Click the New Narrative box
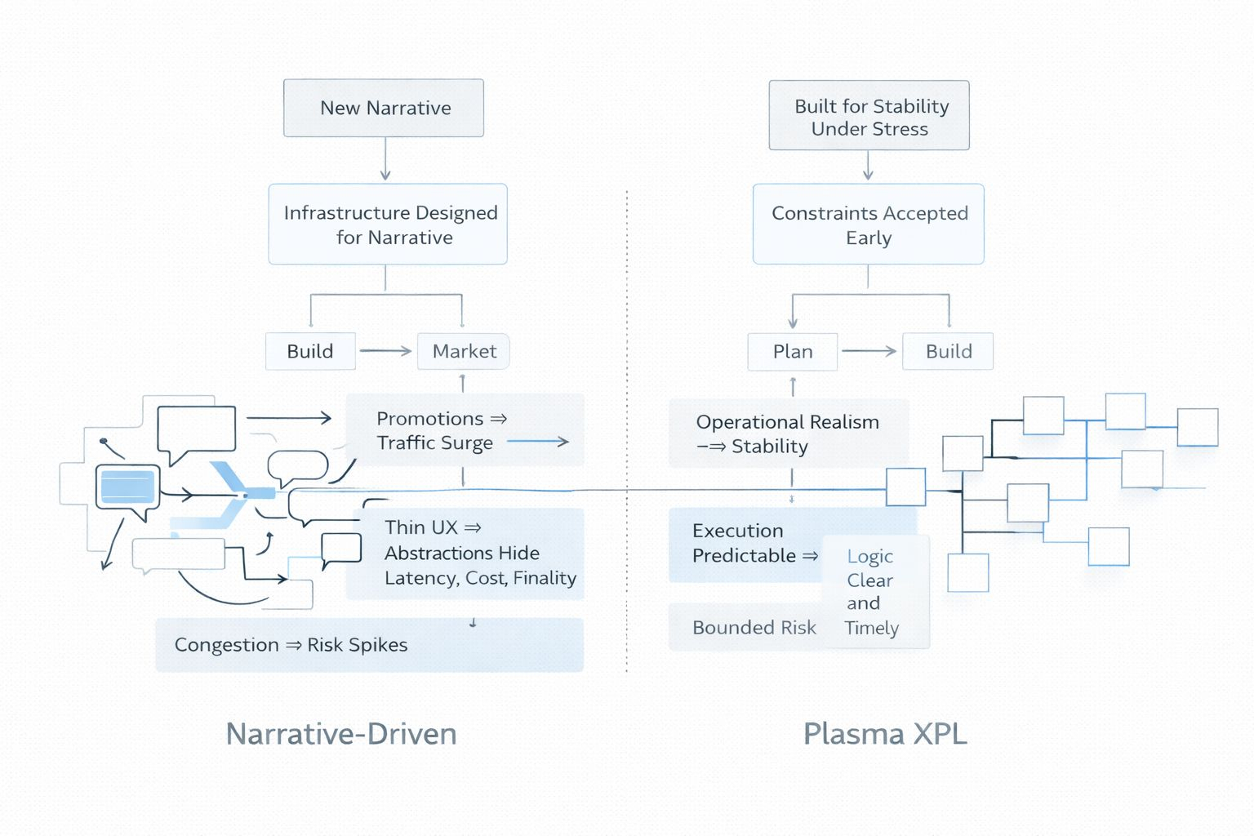[x=384, y=108]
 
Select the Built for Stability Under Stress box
[x=869, y=116]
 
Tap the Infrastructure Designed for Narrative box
[x=388, y=225]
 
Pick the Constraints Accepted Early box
[x=868, y=225]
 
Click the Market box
[x=464, y=352]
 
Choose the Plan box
[x=793, y=352]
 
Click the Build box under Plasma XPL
[x=948, y=352]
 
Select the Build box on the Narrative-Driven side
[x=310, y=352]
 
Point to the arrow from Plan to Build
[x=869, y=351]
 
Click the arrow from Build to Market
[x=385, y=351]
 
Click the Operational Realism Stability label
[x=787, y=434]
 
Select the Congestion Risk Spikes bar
[x=369, y=645]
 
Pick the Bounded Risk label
[x=754, y=628]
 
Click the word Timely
[x=871, y=628]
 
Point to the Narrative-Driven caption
[x=341, y=734]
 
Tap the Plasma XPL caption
[x=885, y=734]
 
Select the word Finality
[x=545, y=578]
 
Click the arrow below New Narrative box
[x=385, y=159]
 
